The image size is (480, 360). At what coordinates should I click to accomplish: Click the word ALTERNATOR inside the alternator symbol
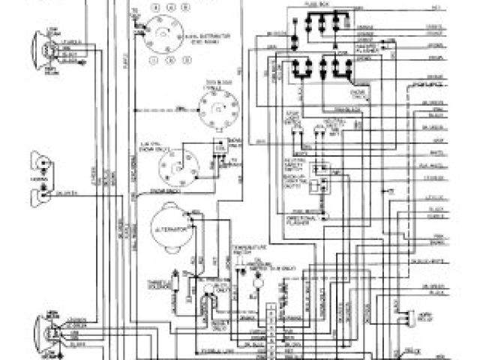(x=167, y=226)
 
